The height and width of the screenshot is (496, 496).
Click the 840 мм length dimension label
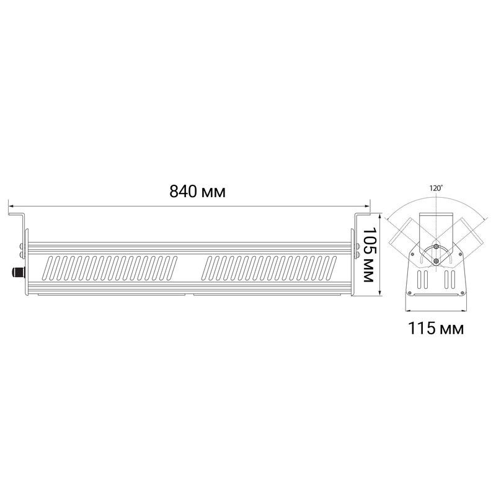pyautogui.click(x=197, y=192)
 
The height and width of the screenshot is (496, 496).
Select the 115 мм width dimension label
pyautogui.click(x=436, y=328)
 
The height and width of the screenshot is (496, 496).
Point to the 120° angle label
pyautogui.click(x=436, y=188)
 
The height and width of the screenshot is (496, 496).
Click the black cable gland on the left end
pyautogui.click(x=18, y=272)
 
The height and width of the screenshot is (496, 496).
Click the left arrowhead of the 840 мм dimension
pyautogui.click(x=11, y=206)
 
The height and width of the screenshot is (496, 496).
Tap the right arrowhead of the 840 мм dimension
pyautogui.click(x=367, y=206)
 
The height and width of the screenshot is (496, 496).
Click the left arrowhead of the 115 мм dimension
pyautogui.click(x=408, y=309)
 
